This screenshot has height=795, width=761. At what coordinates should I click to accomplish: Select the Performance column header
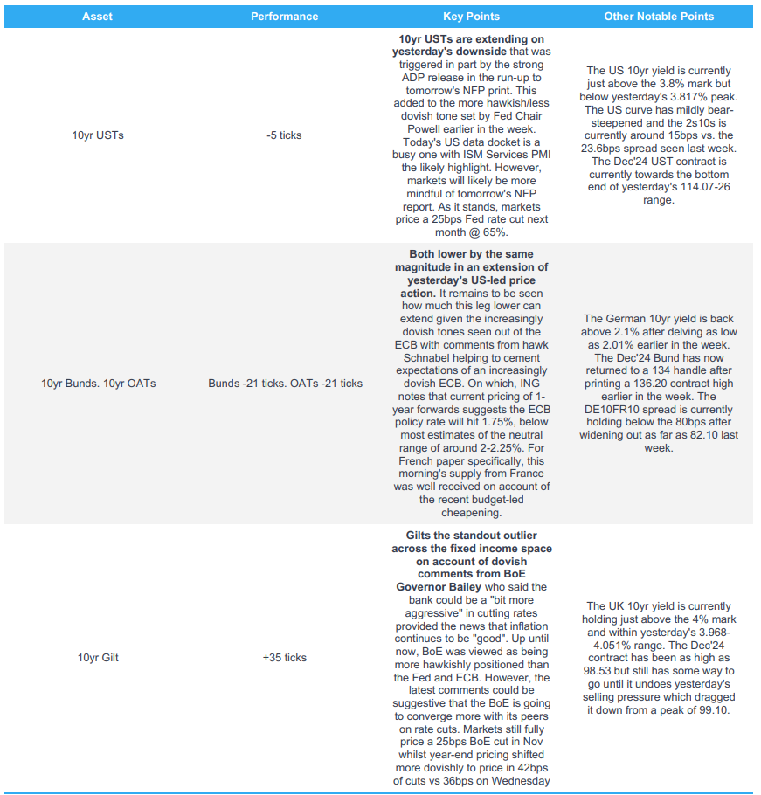coord(284,17)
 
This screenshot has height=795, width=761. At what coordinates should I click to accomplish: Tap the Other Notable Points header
coord(659,17)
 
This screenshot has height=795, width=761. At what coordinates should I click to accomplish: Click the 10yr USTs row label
coord(98,135)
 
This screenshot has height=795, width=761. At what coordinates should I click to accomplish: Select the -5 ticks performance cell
coord(284,135)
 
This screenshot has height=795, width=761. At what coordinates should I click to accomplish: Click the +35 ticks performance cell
coord(284,657)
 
